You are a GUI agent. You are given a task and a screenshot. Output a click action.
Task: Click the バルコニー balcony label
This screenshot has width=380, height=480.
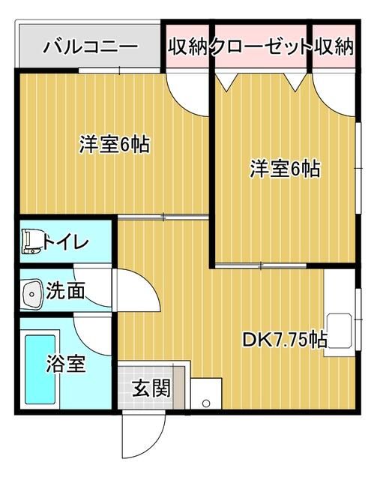click(x=90, y=47)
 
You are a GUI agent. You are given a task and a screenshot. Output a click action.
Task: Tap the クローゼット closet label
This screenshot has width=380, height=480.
click(x=261, y=46)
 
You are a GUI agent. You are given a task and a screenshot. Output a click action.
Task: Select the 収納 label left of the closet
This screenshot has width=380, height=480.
click(x=188, y=46)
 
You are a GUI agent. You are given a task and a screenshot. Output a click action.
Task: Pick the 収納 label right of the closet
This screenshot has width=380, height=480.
click(x=334, y=46)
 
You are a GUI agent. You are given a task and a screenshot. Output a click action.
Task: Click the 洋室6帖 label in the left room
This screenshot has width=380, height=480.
click(x=115, y=144)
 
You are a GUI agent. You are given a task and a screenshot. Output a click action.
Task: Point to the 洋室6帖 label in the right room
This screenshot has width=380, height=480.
click(x=285, y=168)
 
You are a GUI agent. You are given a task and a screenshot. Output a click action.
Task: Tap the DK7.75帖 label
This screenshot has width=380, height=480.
click(x=285, y=339)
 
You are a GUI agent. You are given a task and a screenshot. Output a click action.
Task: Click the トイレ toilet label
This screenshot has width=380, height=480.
click(x=65, y=242)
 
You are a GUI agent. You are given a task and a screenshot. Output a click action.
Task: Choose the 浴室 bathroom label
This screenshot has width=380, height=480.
click(x=65, y=363)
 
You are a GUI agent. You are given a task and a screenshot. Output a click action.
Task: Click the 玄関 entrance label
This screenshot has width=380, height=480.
click(x=151, y=388)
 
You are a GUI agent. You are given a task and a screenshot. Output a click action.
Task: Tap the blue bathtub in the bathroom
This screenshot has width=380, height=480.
click(x=40, y=369)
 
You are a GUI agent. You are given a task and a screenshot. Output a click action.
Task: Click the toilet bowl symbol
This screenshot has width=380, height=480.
click(x=31, y=241)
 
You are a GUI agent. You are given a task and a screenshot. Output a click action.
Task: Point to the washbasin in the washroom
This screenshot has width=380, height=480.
click(x=31, y=294)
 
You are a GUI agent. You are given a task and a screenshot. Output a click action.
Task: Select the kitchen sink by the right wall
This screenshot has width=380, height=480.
click(x=340, y=331)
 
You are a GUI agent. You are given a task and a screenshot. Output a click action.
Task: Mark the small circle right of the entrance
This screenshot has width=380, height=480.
click(x=206, y=403)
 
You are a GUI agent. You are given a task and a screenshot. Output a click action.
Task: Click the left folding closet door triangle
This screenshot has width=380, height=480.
click(x=227, y=82)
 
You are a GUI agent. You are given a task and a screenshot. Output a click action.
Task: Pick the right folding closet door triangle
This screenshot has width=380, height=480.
click(x=295, y=82)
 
